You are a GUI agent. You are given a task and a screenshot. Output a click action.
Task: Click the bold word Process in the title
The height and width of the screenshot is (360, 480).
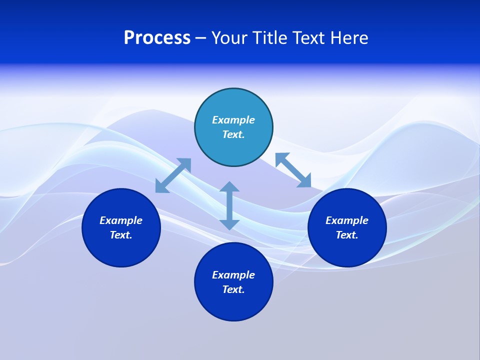click(157, 38)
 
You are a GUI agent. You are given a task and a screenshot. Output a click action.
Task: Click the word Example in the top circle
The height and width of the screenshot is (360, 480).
click(233, 120)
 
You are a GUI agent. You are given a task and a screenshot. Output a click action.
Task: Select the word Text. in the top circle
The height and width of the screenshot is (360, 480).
click(233, 134)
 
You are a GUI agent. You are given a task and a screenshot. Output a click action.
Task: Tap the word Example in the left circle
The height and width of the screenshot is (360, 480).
click(121, 220)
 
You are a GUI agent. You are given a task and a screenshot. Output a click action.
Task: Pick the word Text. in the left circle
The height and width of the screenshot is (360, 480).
click(121, 235)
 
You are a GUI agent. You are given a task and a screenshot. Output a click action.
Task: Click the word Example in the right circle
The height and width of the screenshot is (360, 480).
click(347, 220)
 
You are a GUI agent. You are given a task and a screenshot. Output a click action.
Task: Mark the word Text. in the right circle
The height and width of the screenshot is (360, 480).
click(347, 235)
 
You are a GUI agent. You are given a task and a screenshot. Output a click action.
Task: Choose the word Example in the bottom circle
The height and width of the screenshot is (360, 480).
click(233, 275)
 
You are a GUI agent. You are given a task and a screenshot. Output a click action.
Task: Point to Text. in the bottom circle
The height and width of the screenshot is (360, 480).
click(233, 289)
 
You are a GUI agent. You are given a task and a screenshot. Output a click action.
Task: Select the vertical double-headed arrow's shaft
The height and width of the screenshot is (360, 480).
click(229, 205)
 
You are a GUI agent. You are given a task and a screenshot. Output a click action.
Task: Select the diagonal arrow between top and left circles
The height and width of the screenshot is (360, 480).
click(173, 175)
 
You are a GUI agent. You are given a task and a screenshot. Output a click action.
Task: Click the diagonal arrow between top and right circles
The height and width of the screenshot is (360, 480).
click(293, 170)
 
